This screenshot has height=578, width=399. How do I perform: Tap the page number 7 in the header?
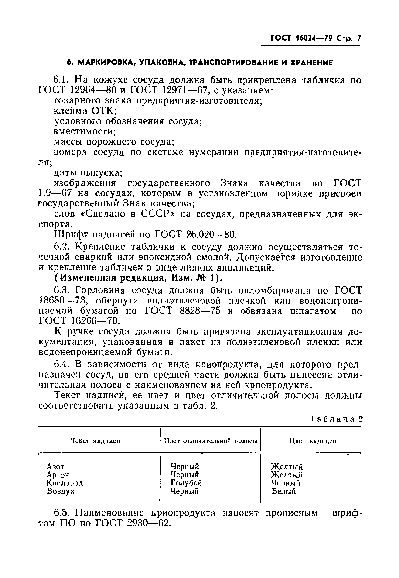(359, 38)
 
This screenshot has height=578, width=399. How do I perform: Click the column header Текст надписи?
(96, 441)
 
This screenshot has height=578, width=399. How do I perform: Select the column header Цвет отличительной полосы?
(211, 441)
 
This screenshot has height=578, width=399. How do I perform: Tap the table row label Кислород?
(65, 483)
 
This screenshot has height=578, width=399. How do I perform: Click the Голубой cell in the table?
(186, 483)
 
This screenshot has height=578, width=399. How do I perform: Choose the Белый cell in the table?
(284, 491)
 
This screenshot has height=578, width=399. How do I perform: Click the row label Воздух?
(61, 491)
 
